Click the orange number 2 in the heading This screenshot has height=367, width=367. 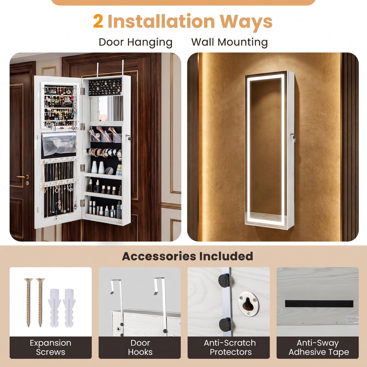coord(98,21)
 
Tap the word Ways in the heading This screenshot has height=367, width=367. coord(246,22)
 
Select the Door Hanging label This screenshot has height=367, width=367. coord(135,42)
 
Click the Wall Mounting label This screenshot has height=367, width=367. coord(229,42)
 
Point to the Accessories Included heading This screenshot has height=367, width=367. coord(187,256)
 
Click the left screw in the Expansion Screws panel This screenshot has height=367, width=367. coord(29,302)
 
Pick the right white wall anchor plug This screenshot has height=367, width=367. coord(69,308)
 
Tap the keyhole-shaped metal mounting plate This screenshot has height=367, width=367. coord(249,304)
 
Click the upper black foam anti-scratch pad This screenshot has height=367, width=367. coord(224,280)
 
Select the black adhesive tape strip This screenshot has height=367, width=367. coord(319,304)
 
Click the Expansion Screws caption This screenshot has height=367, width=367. coord(51,347)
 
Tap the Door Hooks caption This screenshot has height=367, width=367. coord(140,347)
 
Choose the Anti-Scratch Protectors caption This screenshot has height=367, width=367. coord(230,347)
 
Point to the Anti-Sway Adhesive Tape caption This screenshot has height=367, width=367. coord(319,348)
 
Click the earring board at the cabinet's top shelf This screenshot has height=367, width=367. coord(105,87)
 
